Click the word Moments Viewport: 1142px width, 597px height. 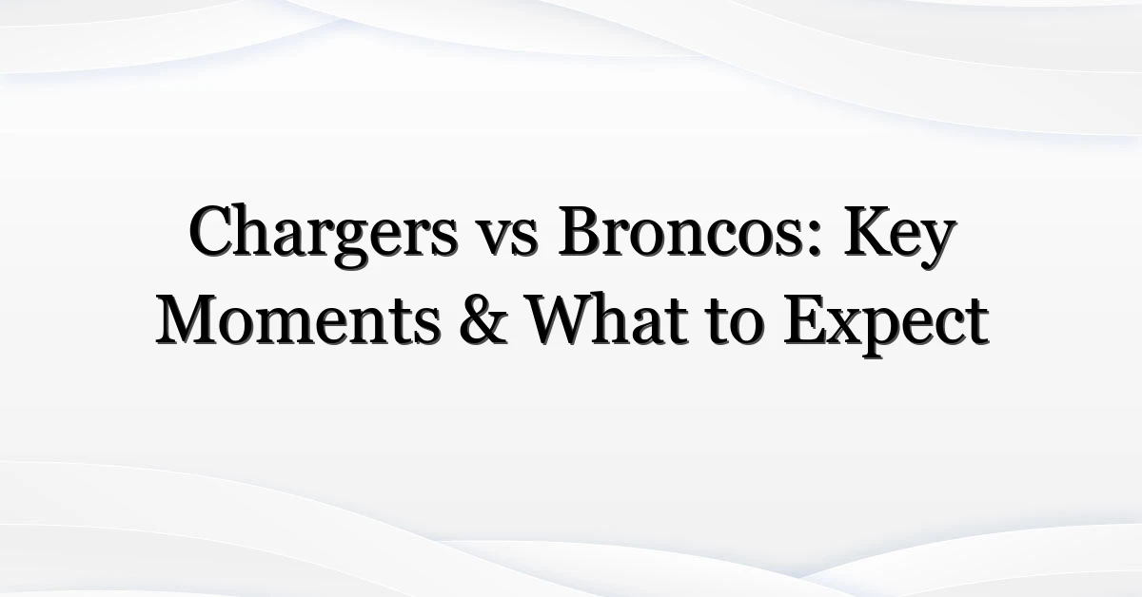tap(297, 320)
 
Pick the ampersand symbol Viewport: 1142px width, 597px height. tap(482, 320)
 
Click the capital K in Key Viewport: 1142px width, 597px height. tap(868, 232)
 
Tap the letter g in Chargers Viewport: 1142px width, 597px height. tap(351, 245)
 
